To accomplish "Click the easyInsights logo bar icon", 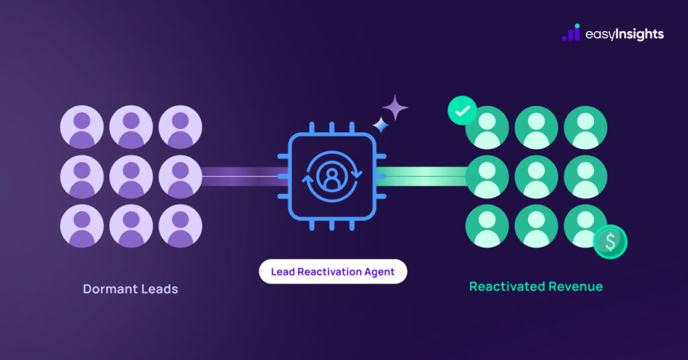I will click(x=571, y=33).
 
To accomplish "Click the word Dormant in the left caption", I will click(x=110, y=289).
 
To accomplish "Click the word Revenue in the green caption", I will click(x=575, y=287).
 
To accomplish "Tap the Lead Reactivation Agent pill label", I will click(x=333, y=271).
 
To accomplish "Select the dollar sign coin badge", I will click(x=610, y=242).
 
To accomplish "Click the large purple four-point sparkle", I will click(x=395, y=107).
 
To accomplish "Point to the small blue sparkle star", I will click(x=381, y=125).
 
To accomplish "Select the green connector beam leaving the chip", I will click(x=423, y=177).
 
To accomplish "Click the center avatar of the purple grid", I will click(x=131, y=177).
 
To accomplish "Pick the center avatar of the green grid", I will click(x=536, y=177).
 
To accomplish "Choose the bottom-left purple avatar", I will click(x=82, y=226).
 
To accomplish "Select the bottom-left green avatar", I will click(x=486, y=226).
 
